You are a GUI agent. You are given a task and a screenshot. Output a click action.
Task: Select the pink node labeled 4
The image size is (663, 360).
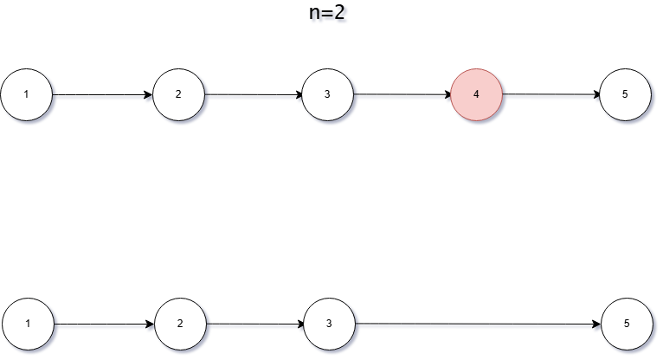477,94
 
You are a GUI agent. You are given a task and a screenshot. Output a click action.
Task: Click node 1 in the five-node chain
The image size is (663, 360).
27,94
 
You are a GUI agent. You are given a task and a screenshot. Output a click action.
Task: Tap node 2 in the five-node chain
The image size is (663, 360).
179,94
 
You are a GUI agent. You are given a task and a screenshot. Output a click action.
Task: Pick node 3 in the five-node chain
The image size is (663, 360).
328,94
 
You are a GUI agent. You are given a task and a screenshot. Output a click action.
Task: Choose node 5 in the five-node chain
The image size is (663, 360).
626,94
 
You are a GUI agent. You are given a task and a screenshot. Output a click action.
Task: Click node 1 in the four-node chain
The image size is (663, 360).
29,324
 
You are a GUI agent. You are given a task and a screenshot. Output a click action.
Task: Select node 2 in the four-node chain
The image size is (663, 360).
180,324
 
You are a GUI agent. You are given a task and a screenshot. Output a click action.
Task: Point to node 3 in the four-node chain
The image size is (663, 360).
330,324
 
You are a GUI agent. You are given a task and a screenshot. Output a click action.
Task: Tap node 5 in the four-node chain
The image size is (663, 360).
627,324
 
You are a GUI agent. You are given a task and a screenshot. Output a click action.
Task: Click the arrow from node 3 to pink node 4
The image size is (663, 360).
402,94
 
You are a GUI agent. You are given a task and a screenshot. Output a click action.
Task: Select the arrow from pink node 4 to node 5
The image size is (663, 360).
551,94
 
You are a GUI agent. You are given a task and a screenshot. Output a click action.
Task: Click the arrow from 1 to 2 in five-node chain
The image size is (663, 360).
103,94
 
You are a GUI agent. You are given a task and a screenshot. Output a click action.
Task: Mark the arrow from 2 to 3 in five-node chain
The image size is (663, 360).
254,94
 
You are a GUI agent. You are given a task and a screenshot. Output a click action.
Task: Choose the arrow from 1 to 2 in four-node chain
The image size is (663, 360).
104,325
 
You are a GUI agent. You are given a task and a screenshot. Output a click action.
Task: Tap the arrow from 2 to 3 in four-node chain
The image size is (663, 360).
255,325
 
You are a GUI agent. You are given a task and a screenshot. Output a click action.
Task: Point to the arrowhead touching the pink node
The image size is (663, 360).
446,94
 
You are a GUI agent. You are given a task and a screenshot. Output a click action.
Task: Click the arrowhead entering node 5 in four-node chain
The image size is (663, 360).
595,325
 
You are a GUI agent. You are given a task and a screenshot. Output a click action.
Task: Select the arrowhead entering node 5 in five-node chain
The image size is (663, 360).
595,94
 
